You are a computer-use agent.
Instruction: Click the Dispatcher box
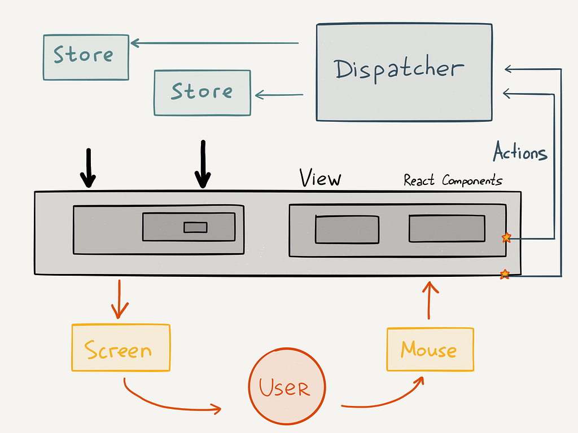coord(404,72)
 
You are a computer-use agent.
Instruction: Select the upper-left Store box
coord(86,57)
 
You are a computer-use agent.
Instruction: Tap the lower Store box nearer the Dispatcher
coord(202,92)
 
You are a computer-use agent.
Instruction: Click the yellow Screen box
coord(120,347)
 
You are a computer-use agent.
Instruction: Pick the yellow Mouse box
coord(430,350)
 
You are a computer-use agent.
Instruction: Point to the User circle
coord(287,387)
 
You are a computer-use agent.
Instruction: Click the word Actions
coord(520,153)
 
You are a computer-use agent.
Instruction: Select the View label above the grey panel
coord(320,179)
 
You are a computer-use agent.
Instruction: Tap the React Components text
coord(453,181)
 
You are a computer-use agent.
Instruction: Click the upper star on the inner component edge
coord(506,238)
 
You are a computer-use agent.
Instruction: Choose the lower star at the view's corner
coord(505,275)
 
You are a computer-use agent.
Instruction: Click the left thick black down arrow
coord(87,168)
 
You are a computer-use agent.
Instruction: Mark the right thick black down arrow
coord(203,164)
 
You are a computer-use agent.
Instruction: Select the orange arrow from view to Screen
coord(119,299)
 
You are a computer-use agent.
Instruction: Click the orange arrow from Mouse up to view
coord(430,301)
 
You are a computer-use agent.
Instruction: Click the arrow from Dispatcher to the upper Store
coord(214,42)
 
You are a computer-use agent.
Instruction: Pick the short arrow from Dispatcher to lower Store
coord(279,95)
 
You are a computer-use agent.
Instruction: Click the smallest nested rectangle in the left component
coord(196,227)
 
